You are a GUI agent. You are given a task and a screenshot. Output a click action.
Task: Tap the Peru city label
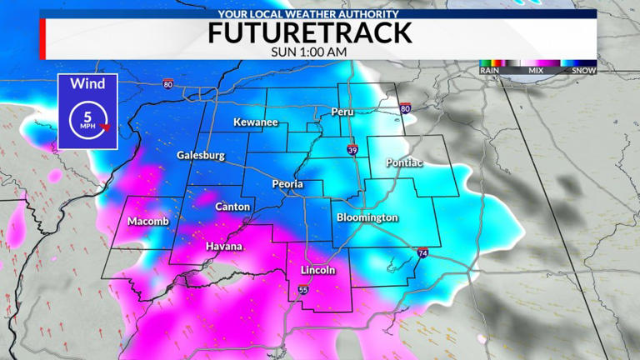coord(343,111)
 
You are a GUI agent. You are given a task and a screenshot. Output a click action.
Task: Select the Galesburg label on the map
coord(201,155)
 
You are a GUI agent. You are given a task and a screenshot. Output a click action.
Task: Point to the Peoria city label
coord(287,184)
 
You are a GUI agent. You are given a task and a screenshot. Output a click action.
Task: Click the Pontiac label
coord(405,162)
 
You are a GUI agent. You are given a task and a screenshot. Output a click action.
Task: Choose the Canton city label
coord(232,206)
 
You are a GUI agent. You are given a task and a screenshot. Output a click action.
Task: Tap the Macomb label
coord(148,221)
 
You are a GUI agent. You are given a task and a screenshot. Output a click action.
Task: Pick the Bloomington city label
coord(367,217)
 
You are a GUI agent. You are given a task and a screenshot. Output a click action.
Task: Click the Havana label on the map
coord(225,247)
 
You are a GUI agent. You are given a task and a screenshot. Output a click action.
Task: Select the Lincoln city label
coord(317,270)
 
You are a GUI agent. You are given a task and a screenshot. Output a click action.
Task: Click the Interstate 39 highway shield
coord(353,149)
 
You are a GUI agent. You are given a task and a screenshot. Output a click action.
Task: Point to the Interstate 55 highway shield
coord(302,289)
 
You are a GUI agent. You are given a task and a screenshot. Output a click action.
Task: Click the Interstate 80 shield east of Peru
coord(405,108)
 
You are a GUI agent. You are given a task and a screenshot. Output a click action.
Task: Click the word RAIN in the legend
coord(489,71)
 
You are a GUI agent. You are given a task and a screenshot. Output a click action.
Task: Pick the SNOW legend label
coord(584,71)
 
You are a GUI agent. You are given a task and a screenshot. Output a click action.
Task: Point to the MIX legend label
coord(538,71)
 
